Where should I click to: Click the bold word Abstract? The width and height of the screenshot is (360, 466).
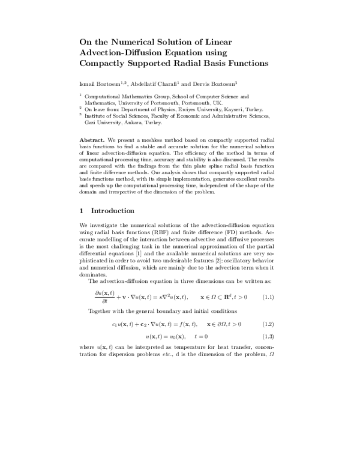click(92, 139)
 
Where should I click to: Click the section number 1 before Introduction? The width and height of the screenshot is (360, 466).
click(82, 211)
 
